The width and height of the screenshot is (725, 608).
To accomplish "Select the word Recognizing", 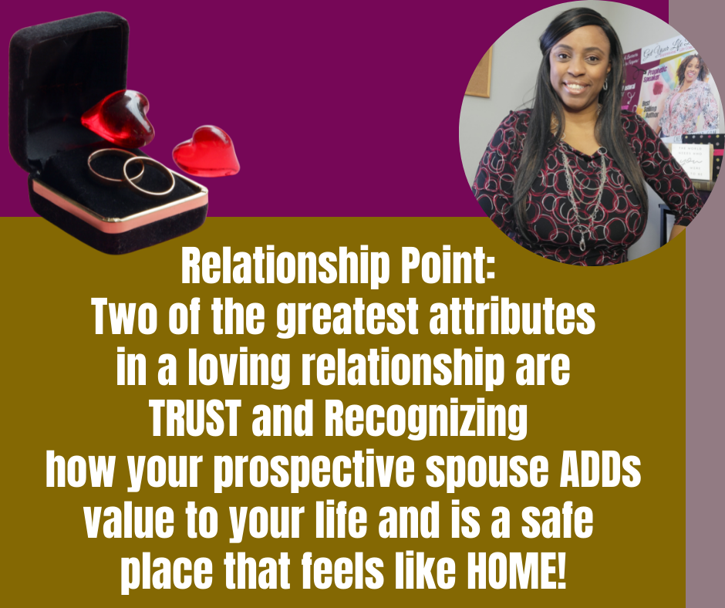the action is tap(426, 421).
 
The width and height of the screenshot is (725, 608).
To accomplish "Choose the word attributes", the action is tap(512, 317).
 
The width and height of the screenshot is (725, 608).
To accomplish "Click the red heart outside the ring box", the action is tap(206, 151).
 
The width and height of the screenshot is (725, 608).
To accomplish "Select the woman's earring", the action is tap(605, 84).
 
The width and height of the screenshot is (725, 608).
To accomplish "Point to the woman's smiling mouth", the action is tap(576, 87).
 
